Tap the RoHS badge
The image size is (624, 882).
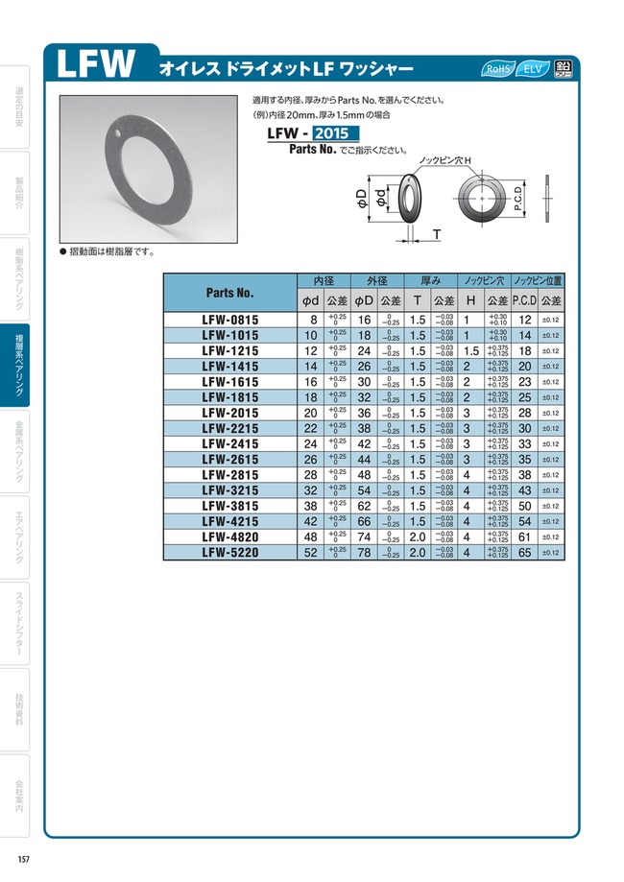(x=498, y=69)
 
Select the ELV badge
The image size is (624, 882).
(x=531, y=69)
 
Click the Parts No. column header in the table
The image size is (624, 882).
(x=230, y=291)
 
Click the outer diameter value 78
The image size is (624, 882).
(x=364, y=553)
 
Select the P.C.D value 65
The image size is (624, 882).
(x=524, y=553)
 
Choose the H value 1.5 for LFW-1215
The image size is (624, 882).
(x=470, y=350)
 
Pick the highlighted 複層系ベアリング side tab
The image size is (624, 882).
(x=20, y=365)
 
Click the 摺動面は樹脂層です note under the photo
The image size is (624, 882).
(x=110, y=251)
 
